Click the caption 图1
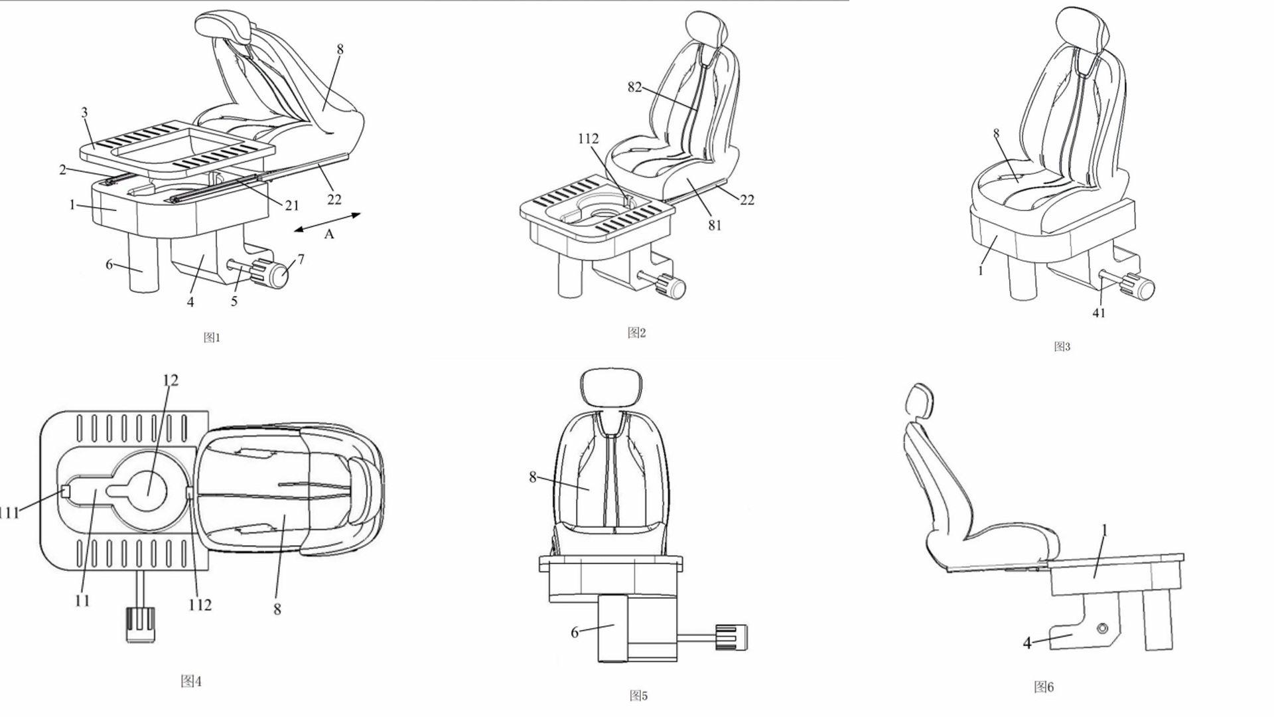[212, 337]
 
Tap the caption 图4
[191, 681]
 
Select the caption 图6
[1044, 687]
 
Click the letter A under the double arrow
[329, 234]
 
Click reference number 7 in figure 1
[301, 259]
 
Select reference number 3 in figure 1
[84, 113]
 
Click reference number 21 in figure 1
[292, 206]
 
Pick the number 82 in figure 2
[634, 88]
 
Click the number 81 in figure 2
[715, 225]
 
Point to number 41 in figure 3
[1099, 313]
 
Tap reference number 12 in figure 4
[171, 380]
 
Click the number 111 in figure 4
[9, 513]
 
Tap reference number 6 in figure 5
[575, 632]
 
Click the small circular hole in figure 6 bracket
[1103, 628]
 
